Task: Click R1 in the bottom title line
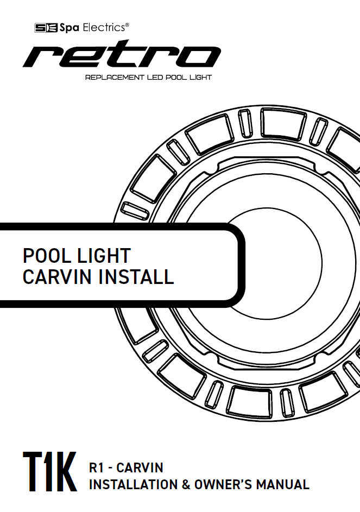(x=96, y=467)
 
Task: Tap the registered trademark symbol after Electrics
(x=127, y=24)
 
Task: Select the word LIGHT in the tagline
(x=201, y=78)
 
